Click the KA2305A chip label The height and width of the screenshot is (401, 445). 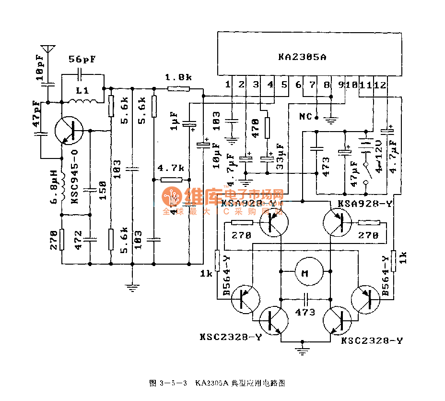pos(302,57)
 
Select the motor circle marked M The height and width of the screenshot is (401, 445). pos(304,274)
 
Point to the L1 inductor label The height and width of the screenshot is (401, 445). pos(83,90)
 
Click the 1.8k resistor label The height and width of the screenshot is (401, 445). pos(178,77)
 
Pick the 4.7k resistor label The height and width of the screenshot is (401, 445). pos(171,168)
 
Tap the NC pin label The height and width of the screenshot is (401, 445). pos(305,117)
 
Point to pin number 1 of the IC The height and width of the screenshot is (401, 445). pos(228,85)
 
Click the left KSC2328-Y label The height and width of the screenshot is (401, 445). pos(231,337)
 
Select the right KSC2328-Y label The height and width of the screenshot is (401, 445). pos(372,340)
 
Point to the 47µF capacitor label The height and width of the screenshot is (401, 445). pos(354,174)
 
